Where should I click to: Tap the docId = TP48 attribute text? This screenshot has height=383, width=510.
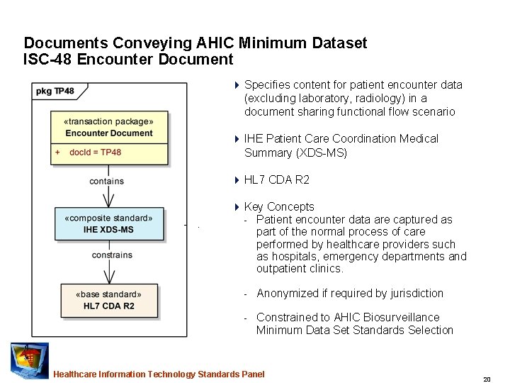pyautogui.click(x=95, y=152)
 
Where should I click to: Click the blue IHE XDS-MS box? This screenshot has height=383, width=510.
pyautogui.click(x=108, y=224)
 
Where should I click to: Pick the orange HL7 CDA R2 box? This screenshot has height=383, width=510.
pyautogui.click(x=108, y=300)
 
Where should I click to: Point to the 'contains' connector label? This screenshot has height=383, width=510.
pyautogui.click(x=106, y=182)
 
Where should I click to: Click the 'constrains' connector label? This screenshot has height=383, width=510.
pyautogui.click(x=112, y=255)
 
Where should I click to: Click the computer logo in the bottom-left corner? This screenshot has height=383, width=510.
pyautogui.click(x=30, y=360)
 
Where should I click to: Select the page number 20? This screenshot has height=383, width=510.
pyautogui.click(x=487, y=379)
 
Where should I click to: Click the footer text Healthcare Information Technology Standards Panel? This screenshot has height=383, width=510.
pyautogui.click(x=159, y=374)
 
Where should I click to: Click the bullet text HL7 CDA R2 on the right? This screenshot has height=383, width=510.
pyautogui.click(x=276, y=180)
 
